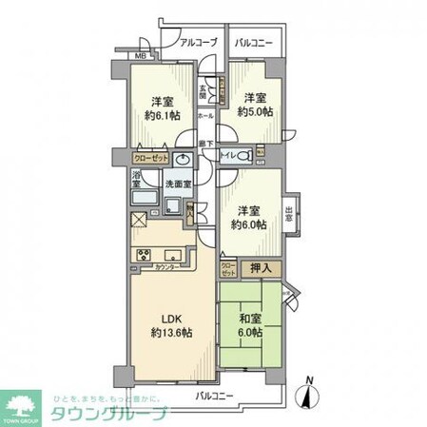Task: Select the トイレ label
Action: (231, 153)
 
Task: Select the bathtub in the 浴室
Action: (145, 197)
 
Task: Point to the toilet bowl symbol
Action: (257, 153)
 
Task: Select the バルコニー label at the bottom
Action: (215, 393)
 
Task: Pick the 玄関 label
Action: (203, 93)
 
